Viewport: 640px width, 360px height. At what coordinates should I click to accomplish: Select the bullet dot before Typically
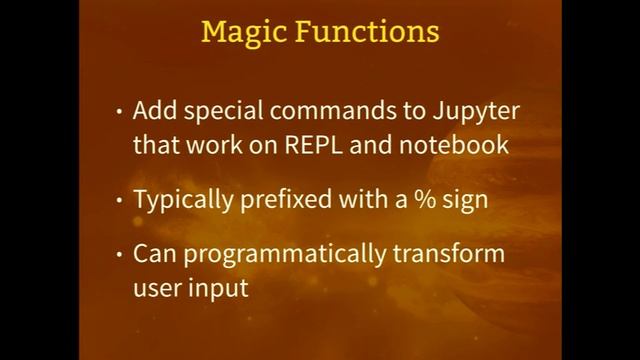[120, 200]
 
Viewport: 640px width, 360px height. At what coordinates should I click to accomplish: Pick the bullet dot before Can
[120, 254]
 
